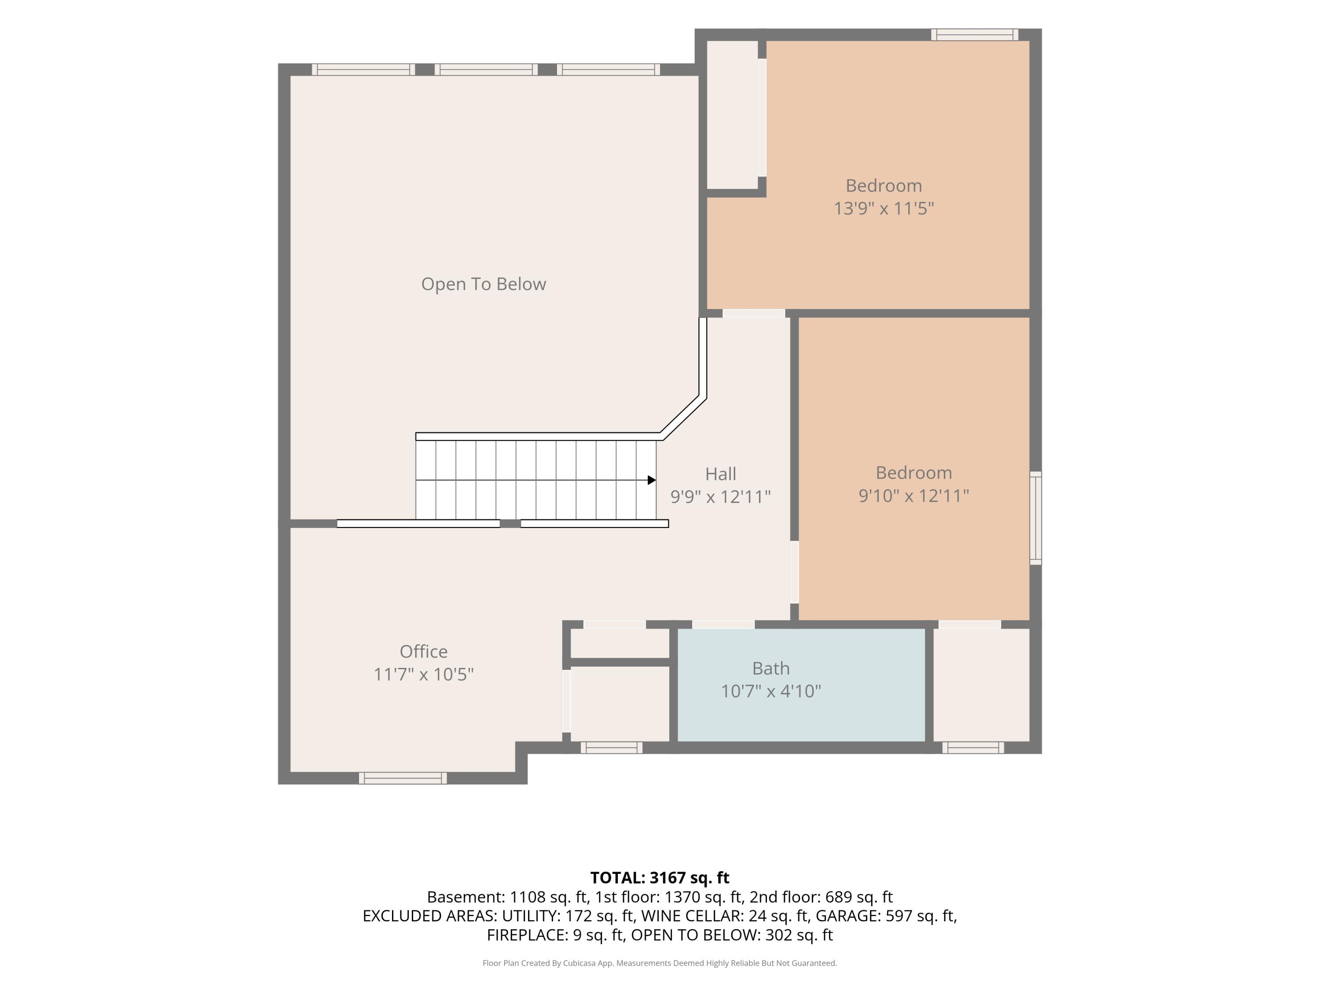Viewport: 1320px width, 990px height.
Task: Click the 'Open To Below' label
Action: pyautogui.click(x=484, y=284)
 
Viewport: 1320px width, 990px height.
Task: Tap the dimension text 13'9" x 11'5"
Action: pyautogui.click(x=884, y=208)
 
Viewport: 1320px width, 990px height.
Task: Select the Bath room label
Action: pyautogui.click(x=771, y=668)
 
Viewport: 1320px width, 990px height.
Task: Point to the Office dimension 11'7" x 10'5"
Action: pyautogui.click(x=424, y=675)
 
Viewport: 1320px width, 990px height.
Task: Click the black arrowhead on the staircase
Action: pyautogui.click(x=652, y=480)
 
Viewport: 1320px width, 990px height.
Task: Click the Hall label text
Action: pyautogui.click(x=721, y=474)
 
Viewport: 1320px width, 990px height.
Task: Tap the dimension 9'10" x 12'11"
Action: pyautogui.click(x=913, y=495)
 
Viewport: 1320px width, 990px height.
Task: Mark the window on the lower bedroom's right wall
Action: pyautogui.click(x=1036, y=518)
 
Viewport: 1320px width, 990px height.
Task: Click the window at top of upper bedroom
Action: pyautogui.click(x=975, y=35)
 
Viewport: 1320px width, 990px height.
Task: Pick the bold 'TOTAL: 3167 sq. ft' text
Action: pyautogui.click(x=660, y=878)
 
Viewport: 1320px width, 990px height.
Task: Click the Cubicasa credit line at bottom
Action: pyautogui.click(x=660, y=963)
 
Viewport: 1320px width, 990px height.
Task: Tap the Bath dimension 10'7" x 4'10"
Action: pyautogui.click(x=771, y=691)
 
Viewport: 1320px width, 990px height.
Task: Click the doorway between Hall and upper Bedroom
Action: pyautogui.click(x=754, y=313)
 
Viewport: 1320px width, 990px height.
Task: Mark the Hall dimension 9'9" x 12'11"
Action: pyautogui.click(x=721, y=496)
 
